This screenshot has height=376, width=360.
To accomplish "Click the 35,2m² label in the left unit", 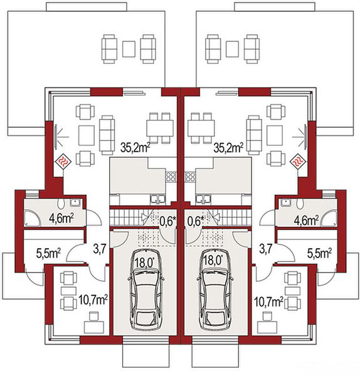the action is point(135,148).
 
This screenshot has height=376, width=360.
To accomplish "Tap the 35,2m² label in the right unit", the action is point(228,148).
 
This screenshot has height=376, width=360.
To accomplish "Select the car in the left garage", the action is point(146,290).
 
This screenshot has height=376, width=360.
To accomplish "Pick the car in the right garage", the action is point(215,290).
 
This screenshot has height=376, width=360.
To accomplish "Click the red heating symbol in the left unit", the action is point(63,162).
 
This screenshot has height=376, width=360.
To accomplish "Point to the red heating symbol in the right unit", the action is point(298,162).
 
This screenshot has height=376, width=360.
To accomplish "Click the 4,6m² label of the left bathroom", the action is point(61,219).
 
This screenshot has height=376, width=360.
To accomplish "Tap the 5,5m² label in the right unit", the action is point(320,253).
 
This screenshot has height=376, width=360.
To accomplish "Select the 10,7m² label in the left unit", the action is point(93,300).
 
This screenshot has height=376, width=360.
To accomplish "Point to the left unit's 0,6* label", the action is point(168,221).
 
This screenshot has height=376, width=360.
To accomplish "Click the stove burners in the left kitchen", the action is point(171,177).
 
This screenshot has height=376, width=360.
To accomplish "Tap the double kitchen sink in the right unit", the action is point(203,199).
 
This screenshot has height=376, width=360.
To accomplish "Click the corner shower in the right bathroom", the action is point(329,217).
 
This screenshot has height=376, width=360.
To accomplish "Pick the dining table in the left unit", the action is point(160,128).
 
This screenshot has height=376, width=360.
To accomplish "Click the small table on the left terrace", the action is point(129,49).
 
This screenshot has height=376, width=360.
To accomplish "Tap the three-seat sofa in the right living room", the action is point(253,135).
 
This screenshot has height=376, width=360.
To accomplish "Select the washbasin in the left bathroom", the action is point(76,202).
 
